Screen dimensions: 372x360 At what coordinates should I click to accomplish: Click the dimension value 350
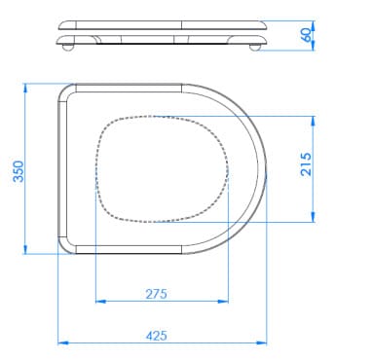19,171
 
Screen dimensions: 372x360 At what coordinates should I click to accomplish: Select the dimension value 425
157,336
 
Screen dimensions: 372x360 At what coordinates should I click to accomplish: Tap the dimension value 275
156,294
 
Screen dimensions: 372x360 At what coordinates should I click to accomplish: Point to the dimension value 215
306,164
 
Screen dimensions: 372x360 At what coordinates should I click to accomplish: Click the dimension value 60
307,35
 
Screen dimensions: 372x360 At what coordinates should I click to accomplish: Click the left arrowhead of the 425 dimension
63,342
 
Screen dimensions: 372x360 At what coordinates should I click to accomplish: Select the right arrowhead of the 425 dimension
261,342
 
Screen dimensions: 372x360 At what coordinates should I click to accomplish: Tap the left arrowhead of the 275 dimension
101,302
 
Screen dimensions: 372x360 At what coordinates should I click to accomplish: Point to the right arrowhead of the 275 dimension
223,302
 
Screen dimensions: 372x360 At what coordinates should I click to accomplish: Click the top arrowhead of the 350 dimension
25,89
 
